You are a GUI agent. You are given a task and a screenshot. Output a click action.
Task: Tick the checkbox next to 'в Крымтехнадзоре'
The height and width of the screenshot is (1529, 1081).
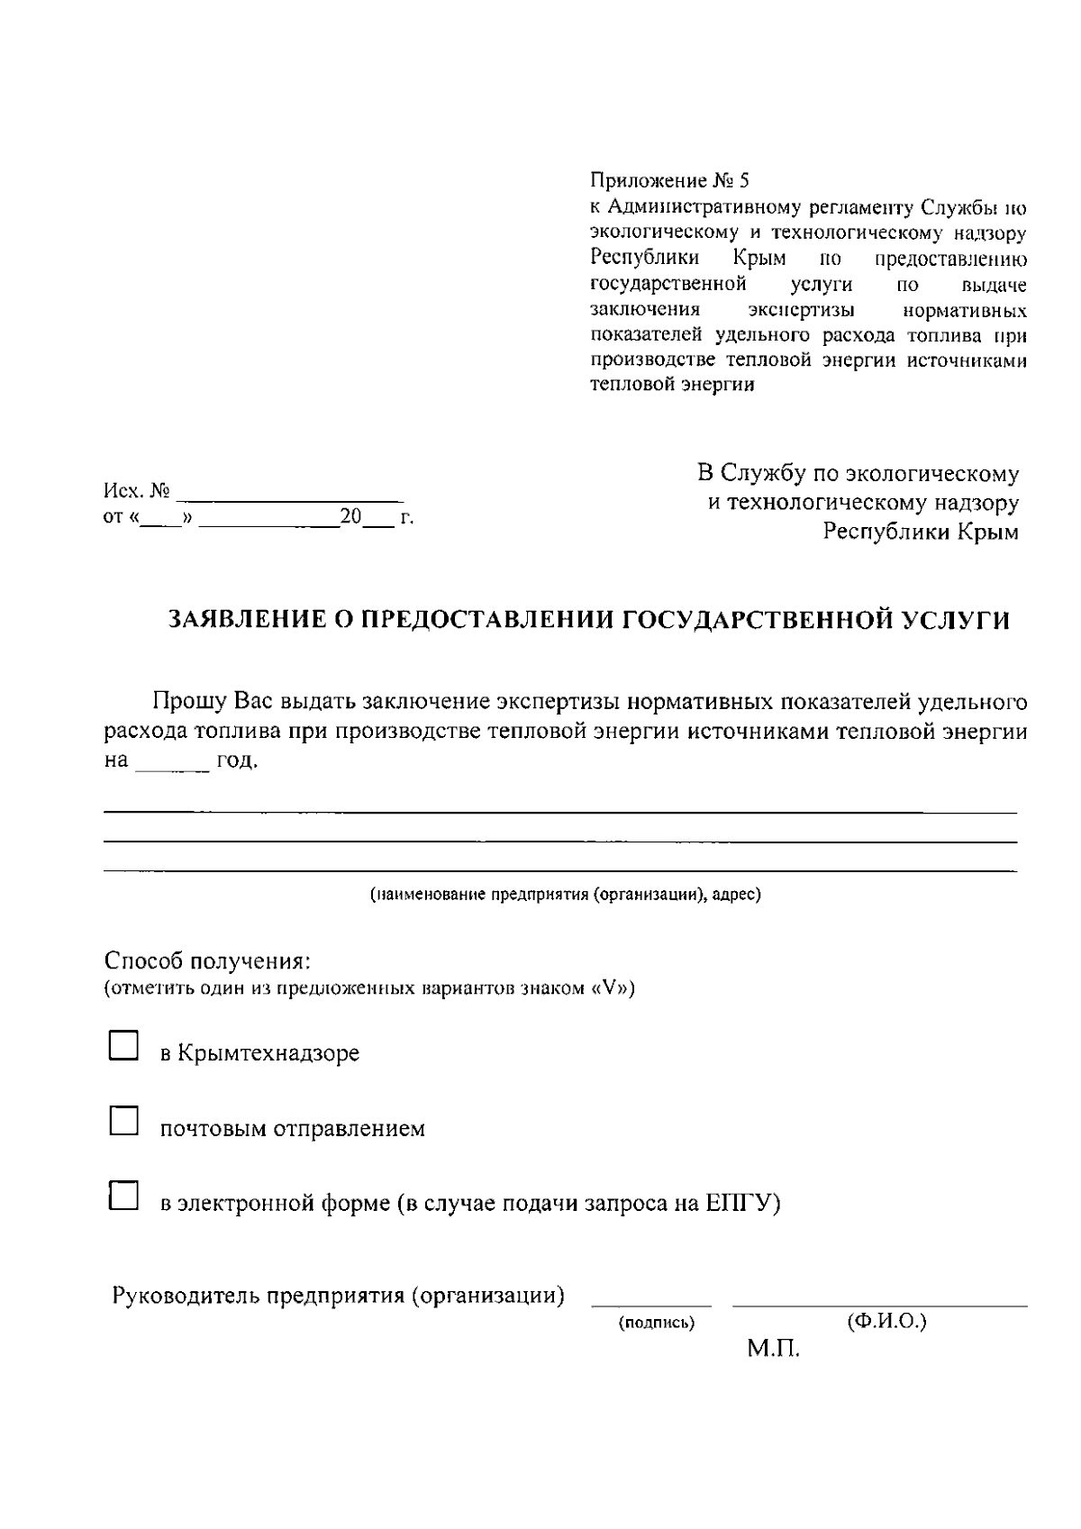click(123, 1045)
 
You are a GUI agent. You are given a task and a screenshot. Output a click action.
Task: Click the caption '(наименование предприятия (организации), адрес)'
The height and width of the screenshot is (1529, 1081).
click(566, 896)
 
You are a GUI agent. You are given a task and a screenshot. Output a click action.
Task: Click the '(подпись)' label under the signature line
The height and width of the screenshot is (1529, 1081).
click(656, 1324)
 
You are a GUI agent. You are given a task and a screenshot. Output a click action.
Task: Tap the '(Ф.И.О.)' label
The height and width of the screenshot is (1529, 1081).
click(886, 1322)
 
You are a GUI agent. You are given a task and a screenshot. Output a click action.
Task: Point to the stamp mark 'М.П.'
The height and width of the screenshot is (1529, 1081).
click(773, 1351)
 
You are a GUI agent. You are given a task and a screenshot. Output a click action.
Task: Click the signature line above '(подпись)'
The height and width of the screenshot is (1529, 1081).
click(650, 1304)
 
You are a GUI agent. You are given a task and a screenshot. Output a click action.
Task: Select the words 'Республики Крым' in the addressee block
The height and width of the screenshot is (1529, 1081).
click(921, 532)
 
